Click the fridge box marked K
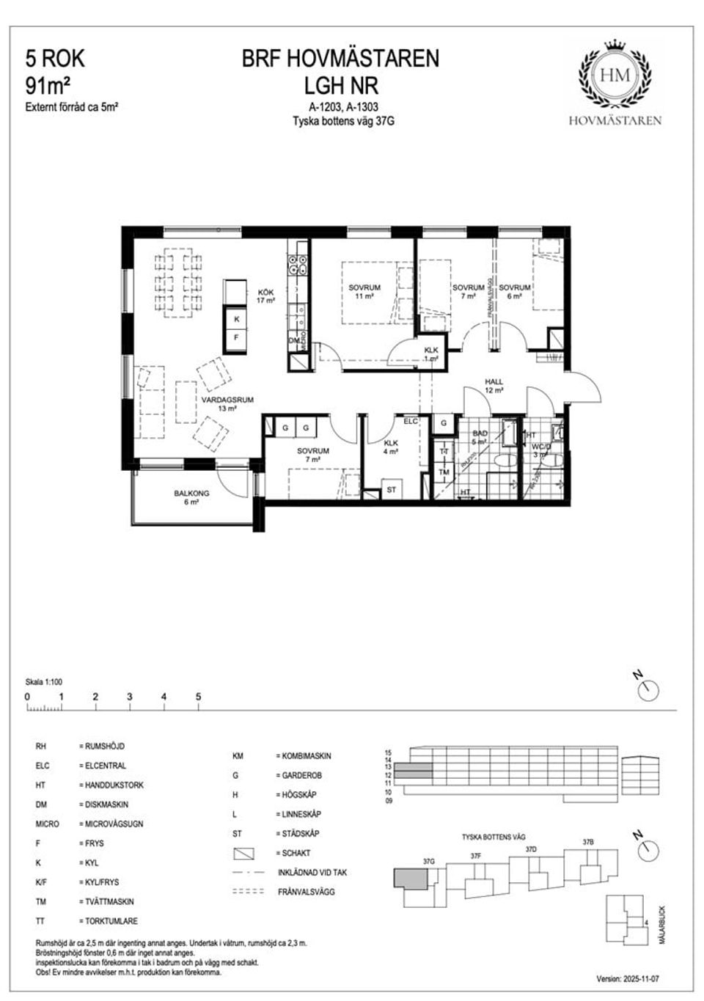(237, 320)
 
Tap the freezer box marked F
(237, 338)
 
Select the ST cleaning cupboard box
(391, 490)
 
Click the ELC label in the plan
(410, 421)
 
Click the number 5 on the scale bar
(198, 697)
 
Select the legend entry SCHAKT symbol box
(243, 854)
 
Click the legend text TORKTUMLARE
(109, 921)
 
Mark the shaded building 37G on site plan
(408, 879)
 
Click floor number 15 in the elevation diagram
(389, 752)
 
